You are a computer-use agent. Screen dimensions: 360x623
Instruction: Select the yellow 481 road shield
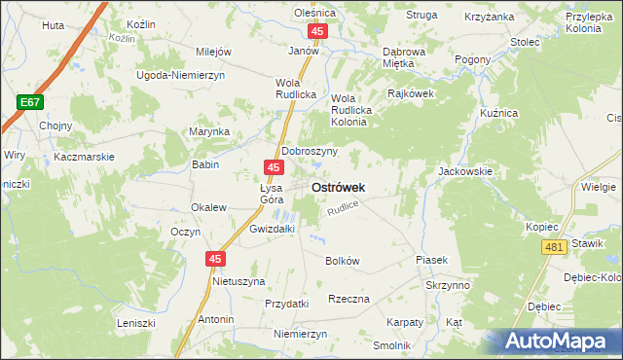[555, 248]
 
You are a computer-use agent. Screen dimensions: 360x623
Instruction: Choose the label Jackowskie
[465, 170]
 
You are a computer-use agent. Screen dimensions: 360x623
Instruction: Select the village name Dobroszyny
[310, 152]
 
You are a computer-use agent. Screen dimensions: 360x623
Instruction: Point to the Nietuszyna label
[238, 281]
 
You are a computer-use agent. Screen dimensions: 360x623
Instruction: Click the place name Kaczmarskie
[85, 156]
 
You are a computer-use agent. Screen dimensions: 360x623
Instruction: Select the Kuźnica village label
[498, 114]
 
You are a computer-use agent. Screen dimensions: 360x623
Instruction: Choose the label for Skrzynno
[448, 286]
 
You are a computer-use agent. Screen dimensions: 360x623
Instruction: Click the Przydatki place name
[286, 304]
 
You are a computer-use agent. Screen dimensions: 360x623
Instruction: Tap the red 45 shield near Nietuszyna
[215, 259]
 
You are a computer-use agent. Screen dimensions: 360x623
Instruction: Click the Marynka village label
[209, 131]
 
